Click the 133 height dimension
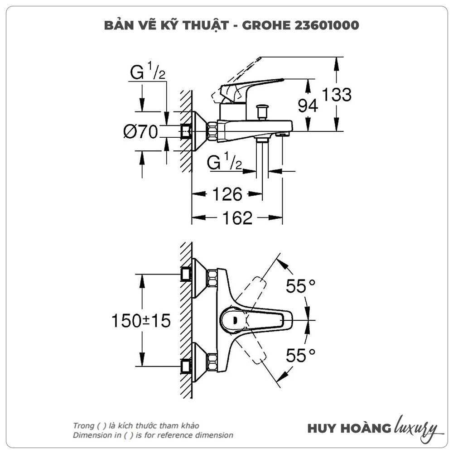(337, 95)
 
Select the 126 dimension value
(227, 194)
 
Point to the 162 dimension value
(236, 218)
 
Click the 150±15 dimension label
(141, 321)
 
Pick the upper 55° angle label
(300, 286)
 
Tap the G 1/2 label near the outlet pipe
(225, 162)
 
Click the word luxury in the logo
(416, 427)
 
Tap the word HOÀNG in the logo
(367, 428)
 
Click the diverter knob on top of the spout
(261, 111)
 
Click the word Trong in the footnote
(82, 426)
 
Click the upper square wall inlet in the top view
(185, 274)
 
